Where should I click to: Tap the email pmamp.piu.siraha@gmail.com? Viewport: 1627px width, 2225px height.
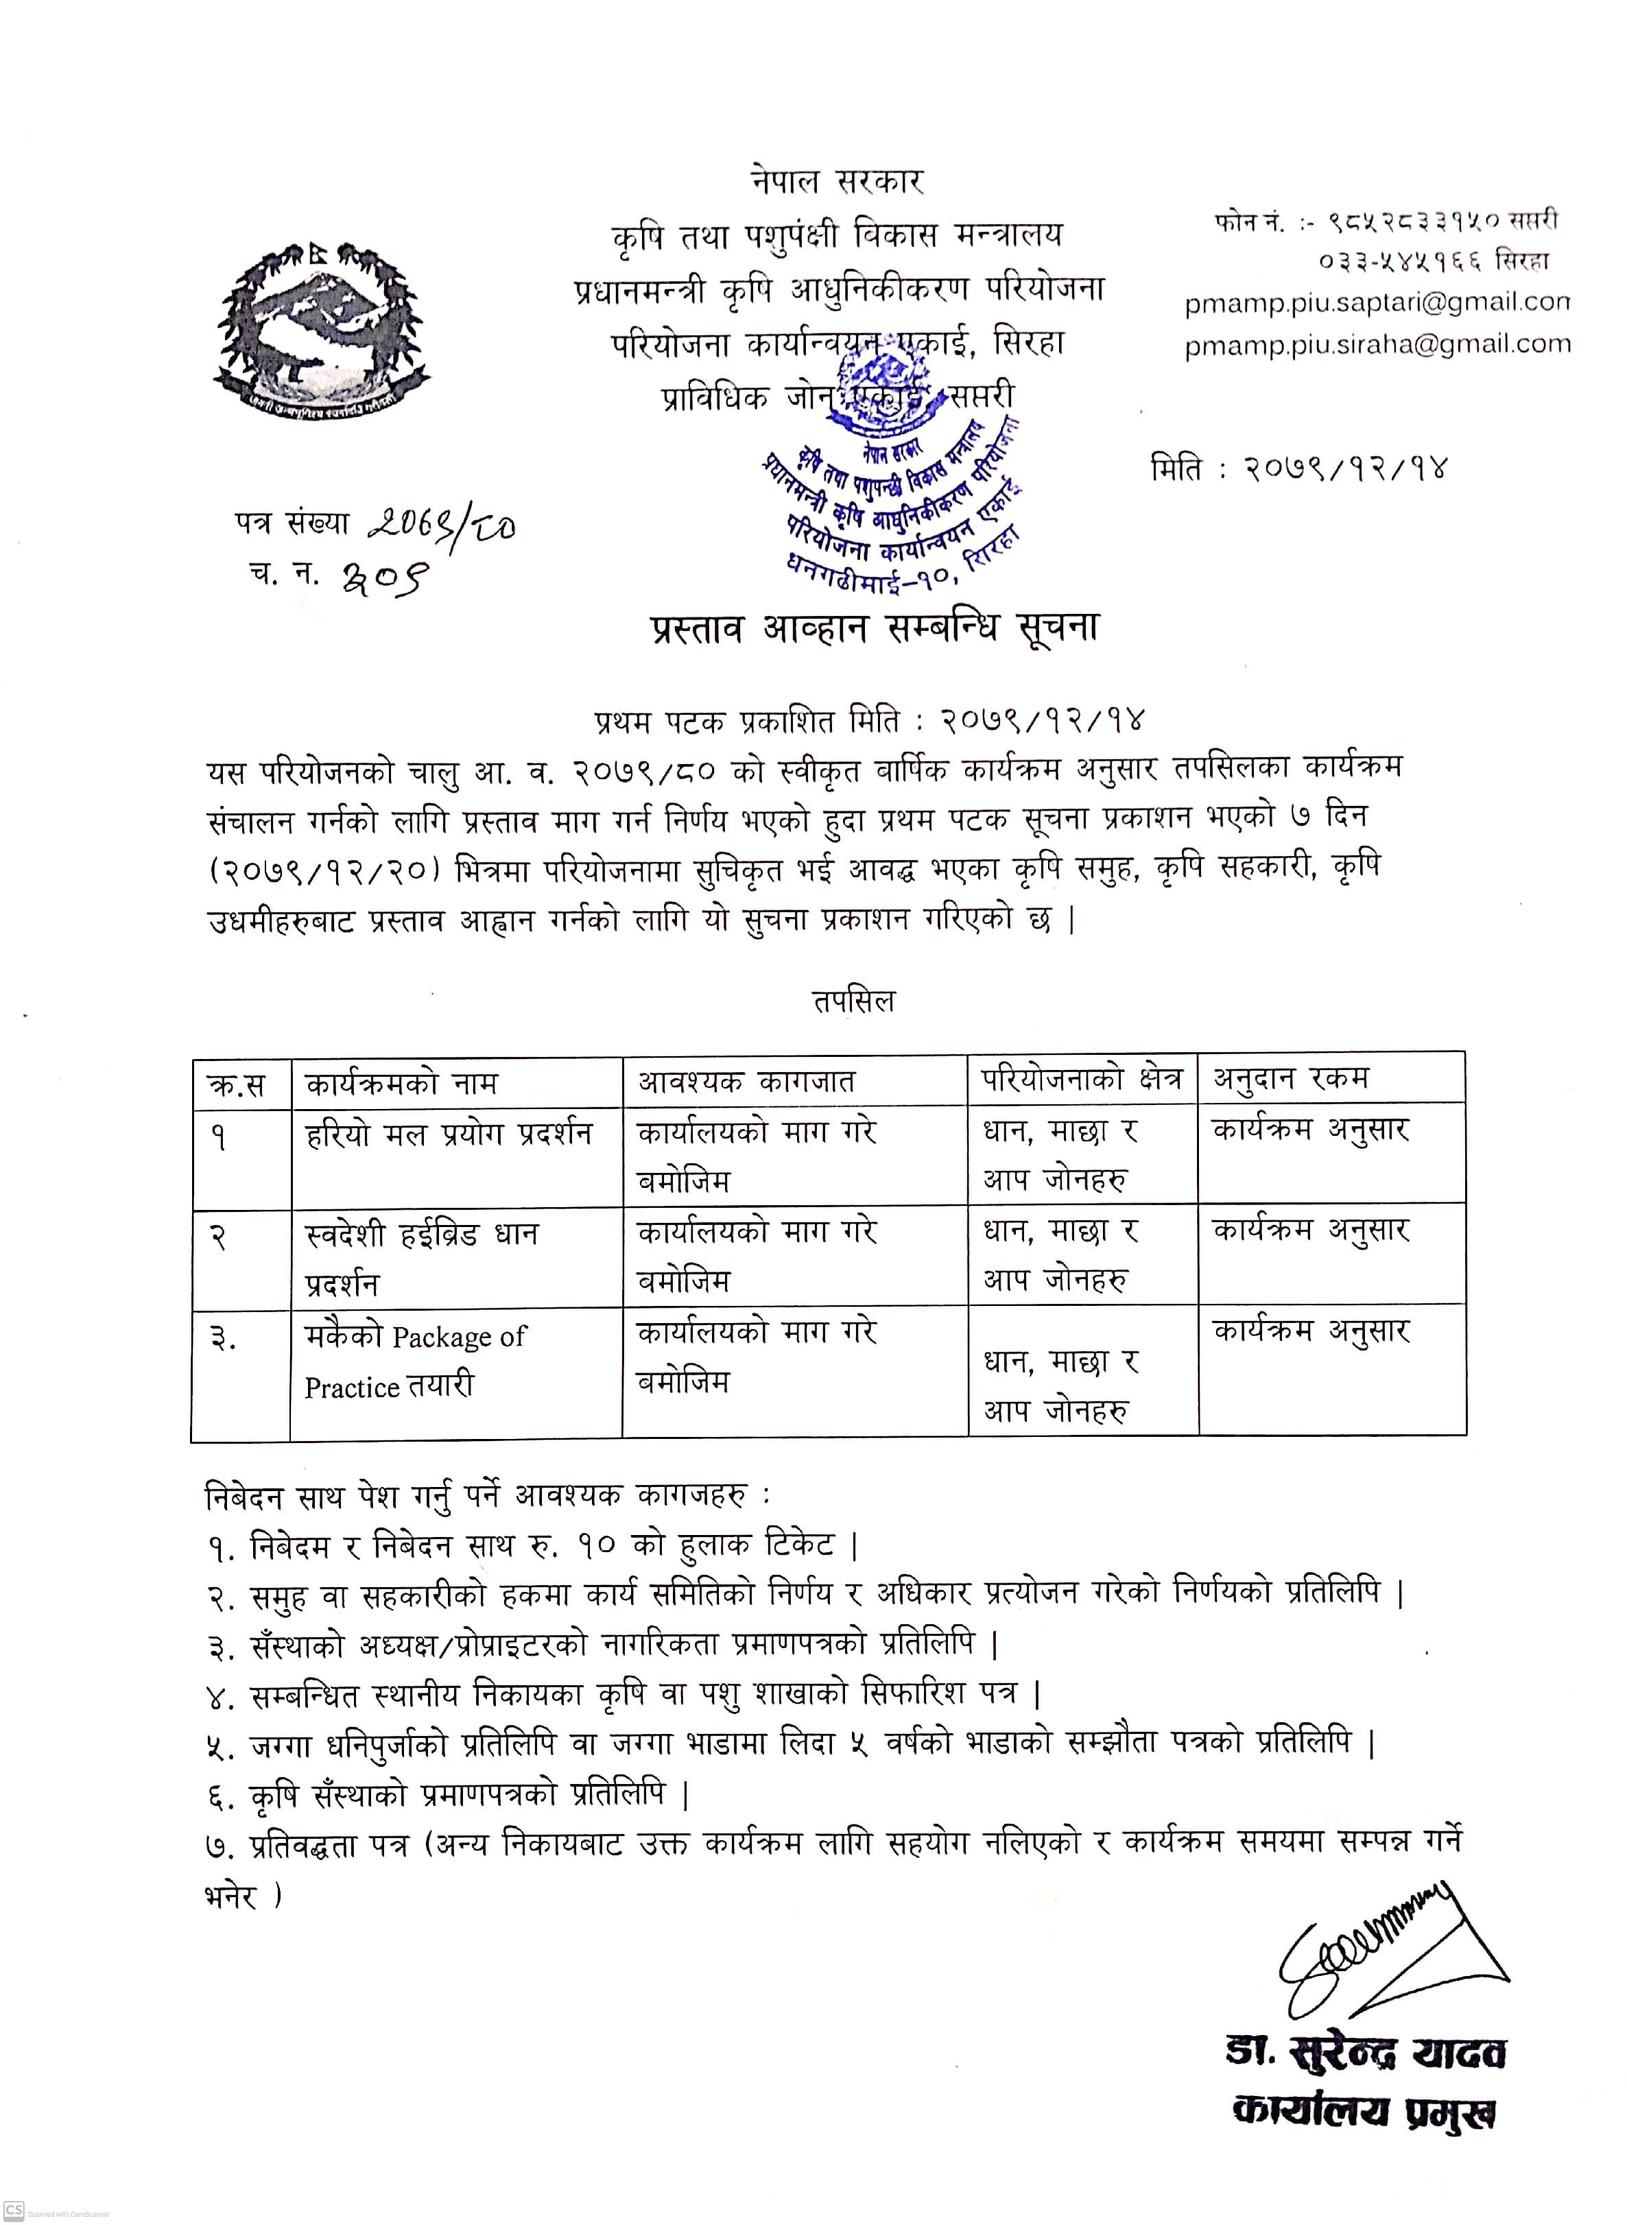(1377, 344)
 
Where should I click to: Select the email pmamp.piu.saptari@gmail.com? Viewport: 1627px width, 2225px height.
(1377, 302)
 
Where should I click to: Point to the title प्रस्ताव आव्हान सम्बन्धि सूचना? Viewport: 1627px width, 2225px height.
(874, 628)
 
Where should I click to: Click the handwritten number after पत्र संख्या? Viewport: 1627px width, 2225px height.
(441, 528)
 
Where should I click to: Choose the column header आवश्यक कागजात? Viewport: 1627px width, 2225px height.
(746, 1082)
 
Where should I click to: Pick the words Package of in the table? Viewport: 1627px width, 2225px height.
(459, 1337)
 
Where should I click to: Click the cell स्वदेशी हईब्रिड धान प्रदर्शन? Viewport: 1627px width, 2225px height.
(422, 1259)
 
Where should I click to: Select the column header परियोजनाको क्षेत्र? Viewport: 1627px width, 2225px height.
(1080, 1080)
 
